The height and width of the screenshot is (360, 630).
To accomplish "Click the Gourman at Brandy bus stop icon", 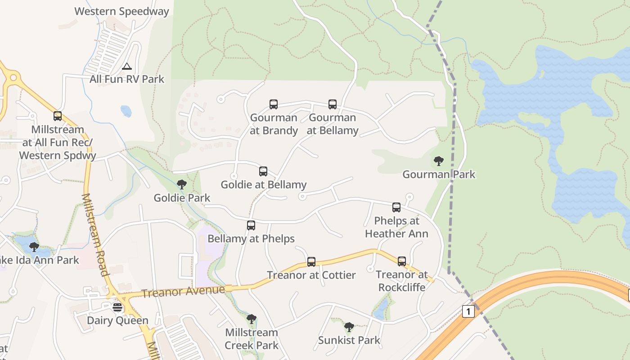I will point(274,104).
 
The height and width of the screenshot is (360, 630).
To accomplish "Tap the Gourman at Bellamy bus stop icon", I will point(333,104).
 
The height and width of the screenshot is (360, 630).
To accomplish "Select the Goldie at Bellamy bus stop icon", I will point(263,171).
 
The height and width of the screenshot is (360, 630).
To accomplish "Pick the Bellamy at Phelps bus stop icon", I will point(251,225).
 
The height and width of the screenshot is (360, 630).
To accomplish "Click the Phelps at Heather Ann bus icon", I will point(396,207).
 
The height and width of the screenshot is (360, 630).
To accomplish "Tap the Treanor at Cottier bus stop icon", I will point(311,262).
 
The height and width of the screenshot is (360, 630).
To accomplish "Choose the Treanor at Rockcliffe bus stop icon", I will point(402,261).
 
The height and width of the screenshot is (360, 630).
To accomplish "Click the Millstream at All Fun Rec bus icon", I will point(58,116).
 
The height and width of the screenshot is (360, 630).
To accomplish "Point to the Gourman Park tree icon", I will point(439,161).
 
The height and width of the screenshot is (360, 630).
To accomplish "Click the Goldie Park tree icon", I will point(182,184).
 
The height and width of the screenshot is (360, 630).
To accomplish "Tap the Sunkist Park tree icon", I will point(349,327).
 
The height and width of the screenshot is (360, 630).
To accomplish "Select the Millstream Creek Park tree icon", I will point(252,319).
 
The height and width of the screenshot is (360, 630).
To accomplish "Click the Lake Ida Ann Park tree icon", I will point(34,247).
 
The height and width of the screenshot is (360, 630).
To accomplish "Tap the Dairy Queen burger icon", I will point(117,307).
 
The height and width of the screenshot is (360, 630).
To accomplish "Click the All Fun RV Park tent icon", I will point(127,67).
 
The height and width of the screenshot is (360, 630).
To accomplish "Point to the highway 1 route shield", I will point(468,311).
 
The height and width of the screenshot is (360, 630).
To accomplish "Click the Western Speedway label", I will point(121,11).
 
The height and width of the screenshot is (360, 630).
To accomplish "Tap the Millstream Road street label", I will point(95,234).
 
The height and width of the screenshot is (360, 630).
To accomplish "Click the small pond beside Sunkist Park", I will point(381,309).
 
